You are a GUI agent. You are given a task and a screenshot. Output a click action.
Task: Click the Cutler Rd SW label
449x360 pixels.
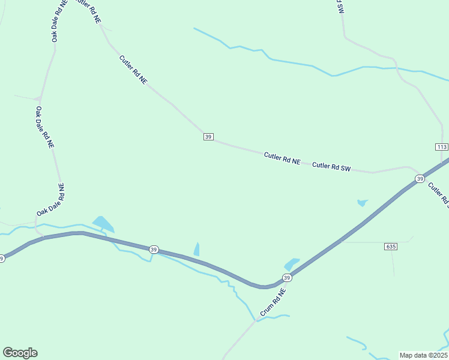tap(331, 166)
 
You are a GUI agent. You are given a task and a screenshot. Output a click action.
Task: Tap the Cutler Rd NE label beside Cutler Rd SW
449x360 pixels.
tap(282, 158)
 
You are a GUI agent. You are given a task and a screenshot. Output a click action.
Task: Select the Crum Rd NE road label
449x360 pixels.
tap(273, 302)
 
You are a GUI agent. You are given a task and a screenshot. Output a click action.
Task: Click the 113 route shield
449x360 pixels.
tap(442, 147)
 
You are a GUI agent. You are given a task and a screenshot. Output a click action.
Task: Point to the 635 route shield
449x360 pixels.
tap(391, 247)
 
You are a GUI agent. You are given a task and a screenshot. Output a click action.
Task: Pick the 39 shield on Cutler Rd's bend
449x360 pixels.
tap(208, 137)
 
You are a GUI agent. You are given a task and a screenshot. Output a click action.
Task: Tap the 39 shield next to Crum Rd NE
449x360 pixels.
tap(287, 277)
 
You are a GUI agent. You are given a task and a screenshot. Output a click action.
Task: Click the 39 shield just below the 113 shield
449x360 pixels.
tap(420, 179)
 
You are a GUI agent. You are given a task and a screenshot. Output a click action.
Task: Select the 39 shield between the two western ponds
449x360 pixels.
tap(154, 250)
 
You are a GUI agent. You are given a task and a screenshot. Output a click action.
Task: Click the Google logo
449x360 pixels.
tap(20, 353)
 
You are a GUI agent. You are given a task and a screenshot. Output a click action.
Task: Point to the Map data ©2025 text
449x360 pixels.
tap(424, 355)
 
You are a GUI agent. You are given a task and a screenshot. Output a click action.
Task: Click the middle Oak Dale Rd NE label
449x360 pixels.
tap(44, 127)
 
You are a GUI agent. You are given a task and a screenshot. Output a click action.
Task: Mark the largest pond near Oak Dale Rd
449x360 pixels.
tap(103, 224)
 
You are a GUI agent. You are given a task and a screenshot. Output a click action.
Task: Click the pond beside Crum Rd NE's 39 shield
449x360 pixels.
tap(291, 264)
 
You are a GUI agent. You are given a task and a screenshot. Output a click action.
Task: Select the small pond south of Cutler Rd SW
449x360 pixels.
tap(361, 203)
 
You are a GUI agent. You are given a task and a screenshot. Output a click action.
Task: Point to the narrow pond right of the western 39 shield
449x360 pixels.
tap(196, 249)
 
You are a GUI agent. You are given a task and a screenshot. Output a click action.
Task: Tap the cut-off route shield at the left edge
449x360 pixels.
tap(2, 259)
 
